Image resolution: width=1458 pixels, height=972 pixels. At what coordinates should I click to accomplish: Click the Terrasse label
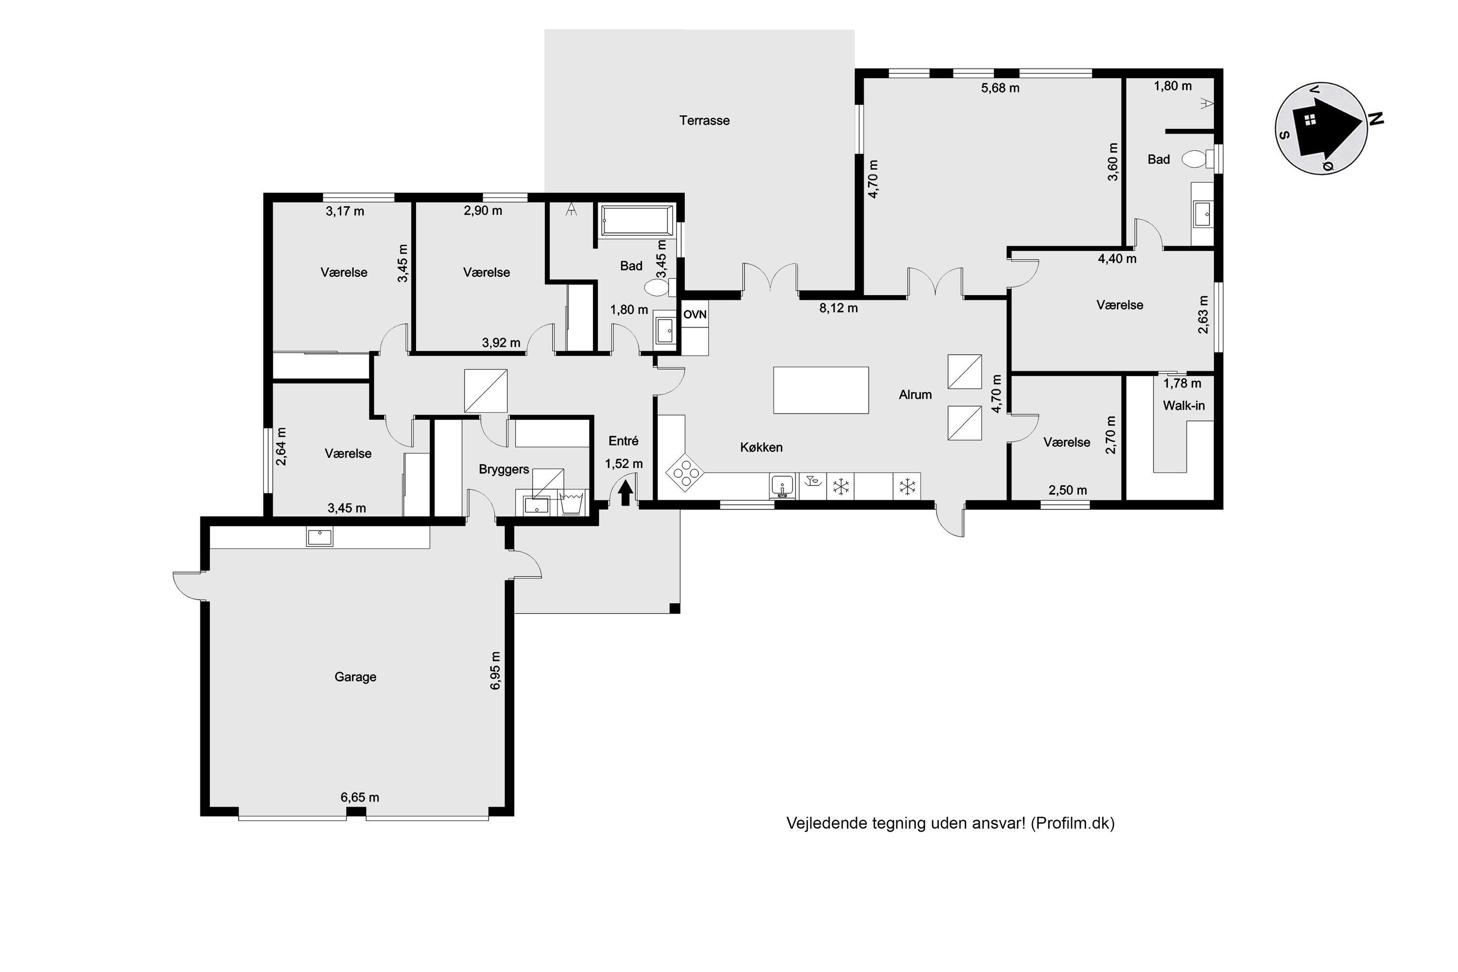pos(704,120)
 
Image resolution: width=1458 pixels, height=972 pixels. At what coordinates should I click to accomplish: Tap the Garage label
pos(355,677)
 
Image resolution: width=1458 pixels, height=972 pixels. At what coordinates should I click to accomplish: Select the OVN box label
pos(695,315)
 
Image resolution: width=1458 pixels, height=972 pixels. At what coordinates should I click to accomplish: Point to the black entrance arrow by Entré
pos(625,493)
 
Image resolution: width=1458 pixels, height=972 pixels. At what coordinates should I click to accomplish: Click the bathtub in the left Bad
pos(637,221)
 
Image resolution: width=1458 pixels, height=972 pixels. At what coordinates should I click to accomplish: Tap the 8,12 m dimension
pos(838,308)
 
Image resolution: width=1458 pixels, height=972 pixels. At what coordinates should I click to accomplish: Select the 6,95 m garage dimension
pos(495,671)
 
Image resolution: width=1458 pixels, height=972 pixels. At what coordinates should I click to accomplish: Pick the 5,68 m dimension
pos(1000,88)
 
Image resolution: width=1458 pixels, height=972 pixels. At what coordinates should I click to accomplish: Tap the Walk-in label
pos(1183,406)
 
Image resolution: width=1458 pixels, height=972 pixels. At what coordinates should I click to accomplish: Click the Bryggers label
pos(503,470)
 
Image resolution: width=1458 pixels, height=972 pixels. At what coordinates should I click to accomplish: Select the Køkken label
pos(761,448)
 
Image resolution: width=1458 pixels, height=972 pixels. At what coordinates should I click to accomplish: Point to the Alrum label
pos(915,395)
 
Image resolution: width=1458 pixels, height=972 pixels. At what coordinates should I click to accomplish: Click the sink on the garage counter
pos(319,537)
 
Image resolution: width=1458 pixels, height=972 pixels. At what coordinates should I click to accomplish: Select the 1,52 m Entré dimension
pos(624,464)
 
